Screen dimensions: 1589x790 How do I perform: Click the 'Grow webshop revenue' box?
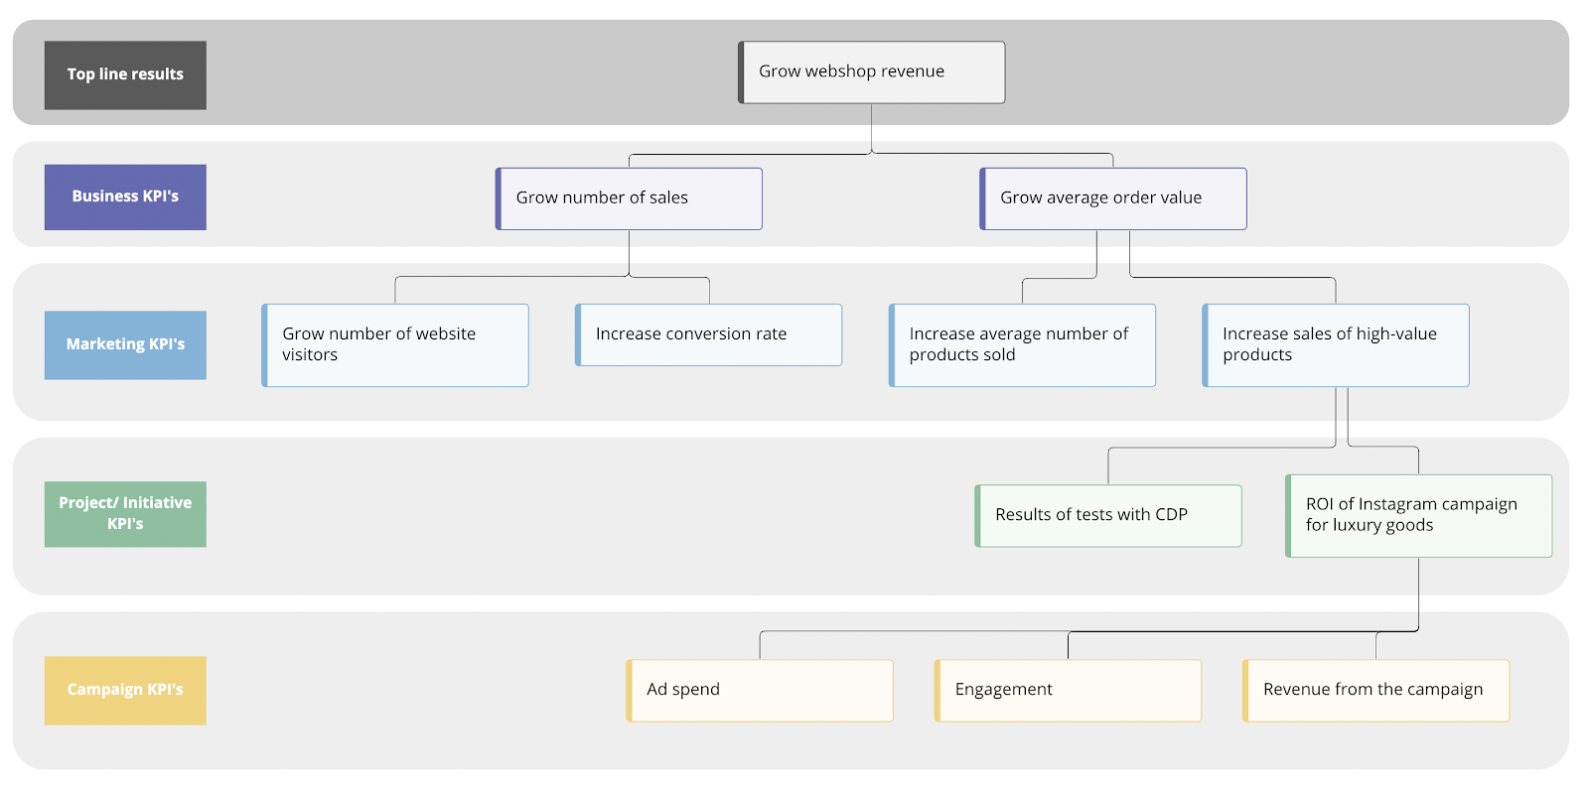pyautogui.click(x=871, y=72)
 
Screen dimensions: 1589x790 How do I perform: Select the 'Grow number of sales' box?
pyautogui.click(x=629, y=198)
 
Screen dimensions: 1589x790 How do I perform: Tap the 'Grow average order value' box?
pyautogui.click(x=1113, y=198)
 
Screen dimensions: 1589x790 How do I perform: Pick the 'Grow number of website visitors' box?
pyautogui.click(x=395, y=345)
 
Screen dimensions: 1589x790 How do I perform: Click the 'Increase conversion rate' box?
pyautogui.click(x=709, y=334)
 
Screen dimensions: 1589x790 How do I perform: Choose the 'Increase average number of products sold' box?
pyautogui.click(x=1022, y=345)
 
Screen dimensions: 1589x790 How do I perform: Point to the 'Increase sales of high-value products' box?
pyautogui.click(x=1336, y=345)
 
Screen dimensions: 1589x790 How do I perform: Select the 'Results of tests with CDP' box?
pyautogui.click(x=1108, y=515)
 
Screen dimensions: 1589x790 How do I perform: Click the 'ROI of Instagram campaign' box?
pyautogui.click(x=1419, y=515)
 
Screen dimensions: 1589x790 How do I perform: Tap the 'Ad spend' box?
pyautogui.click(x=760, y=691)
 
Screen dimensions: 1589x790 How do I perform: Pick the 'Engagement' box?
pyautogui.click(x=1068, y=691)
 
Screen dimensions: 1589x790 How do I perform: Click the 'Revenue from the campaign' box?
pyautogui.click(x=1376, y=691)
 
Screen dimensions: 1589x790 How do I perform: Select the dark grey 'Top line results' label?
pyautogui.click(x=125, y=75)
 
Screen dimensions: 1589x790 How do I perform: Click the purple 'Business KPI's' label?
pyautogui.click(x=125, y=197)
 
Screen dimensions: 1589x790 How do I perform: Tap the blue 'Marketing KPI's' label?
pyautogui.click(x=125, y=345)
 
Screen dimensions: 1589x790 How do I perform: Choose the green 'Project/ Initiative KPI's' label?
pyautogui.click(x=125, y=514)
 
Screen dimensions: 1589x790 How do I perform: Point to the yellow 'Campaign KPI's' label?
pyautogui.click(x=125, y=691)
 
